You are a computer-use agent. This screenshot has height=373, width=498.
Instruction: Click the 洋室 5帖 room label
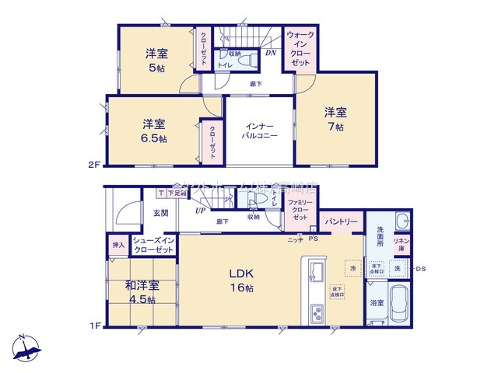point(156,60)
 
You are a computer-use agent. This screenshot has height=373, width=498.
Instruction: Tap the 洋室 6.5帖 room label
point(153,131)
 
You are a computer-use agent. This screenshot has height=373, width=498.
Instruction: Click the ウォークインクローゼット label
point(300,49)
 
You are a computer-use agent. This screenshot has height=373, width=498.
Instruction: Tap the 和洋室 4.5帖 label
point(141,291)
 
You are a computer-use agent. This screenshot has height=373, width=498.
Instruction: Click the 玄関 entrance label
point(160,212)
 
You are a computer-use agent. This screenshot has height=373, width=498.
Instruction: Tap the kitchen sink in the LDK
point(317,274)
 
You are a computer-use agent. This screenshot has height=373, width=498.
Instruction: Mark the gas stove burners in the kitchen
point(317,315)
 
